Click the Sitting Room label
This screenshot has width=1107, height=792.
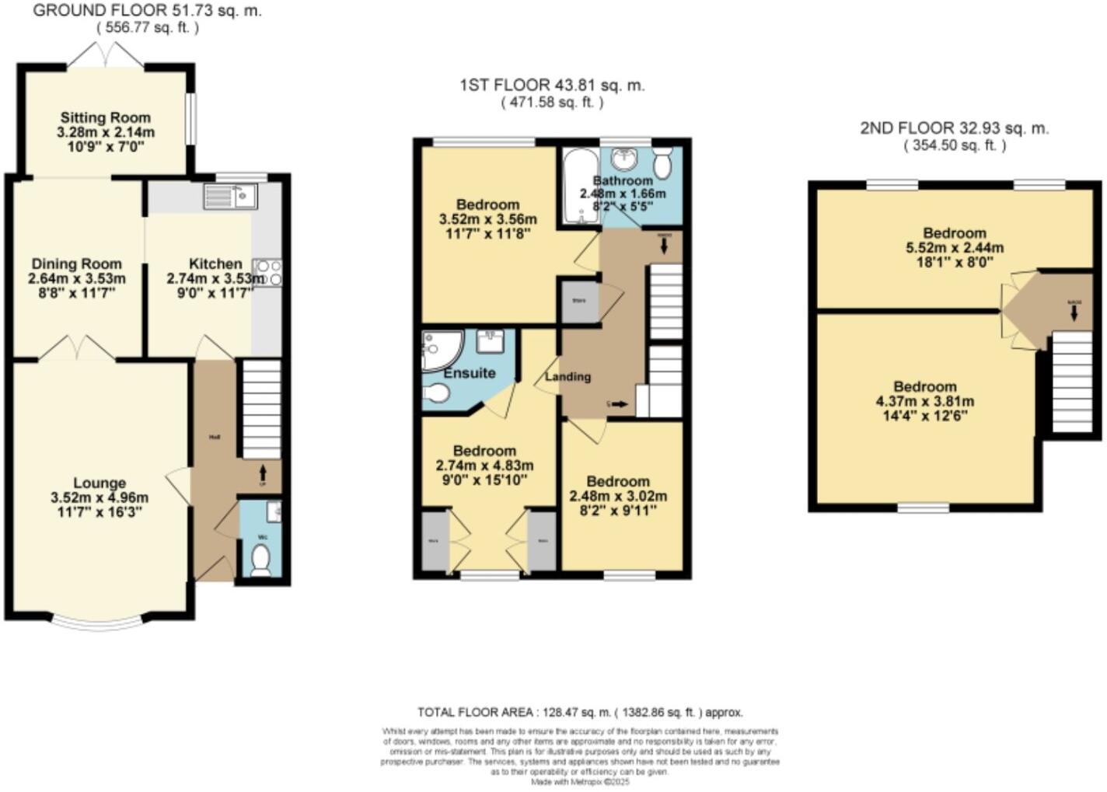pyautogui.click(x=106, y=117)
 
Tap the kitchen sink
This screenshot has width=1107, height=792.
pyautogui.click(x=230, y=196)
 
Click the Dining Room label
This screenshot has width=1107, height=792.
pyautogui.click(x=76, y=263)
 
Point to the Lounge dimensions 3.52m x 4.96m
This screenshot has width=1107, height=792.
pyautogui.click(x=100, y=497)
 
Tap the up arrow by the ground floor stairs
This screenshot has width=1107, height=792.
pyautogui.click(x=262, y=471)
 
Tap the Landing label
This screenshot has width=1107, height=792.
pyautogui.click(x=567, y=376)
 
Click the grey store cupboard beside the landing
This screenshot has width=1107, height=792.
pyautogui.click(x=579, y=301)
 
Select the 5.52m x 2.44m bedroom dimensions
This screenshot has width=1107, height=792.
pyautogui.click(x=955, y=248)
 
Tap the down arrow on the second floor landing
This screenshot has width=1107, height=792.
pyautogui.click(x=1074, y=312)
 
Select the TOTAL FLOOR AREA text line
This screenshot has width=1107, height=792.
pyautogui.click(x=580, y=711)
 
